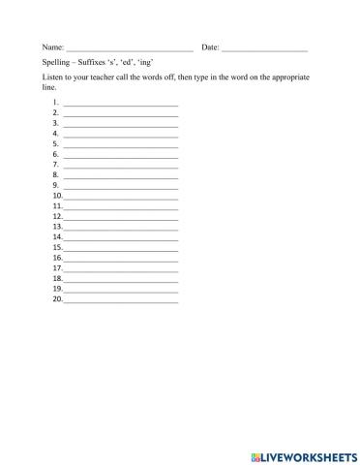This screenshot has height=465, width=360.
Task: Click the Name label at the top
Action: coord(52,46)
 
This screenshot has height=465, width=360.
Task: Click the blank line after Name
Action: coord(129,48)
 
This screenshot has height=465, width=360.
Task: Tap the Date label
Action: coord(210,46)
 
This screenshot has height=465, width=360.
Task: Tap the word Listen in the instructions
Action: coord(54,76)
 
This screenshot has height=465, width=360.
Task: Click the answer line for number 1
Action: coord(121,103)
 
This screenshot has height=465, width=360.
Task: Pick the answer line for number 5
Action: coord(121,144)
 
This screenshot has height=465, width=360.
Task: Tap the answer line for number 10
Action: coord(121,197)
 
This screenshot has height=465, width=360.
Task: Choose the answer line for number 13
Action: coord(121,228)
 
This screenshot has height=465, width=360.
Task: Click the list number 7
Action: coord(56,165)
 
